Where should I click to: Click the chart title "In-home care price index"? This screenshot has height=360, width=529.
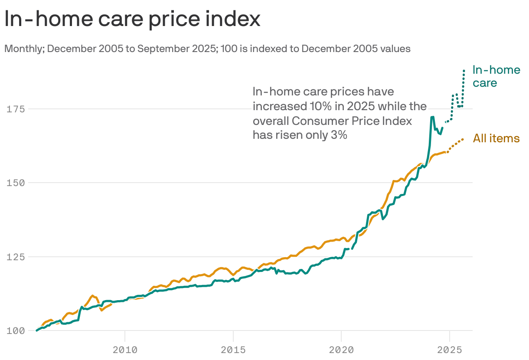[132, 20]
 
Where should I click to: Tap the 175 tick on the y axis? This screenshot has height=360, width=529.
[16, 109]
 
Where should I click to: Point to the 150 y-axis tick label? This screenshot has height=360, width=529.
[16, 183]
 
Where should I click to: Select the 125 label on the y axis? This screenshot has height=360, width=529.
[16, 257]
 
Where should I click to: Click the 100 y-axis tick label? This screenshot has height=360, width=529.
[16, 331]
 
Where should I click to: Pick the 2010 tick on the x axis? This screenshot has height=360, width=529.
[125, 350]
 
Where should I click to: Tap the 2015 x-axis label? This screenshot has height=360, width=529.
[233, 350]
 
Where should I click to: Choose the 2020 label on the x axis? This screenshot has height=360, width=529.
[341, 350]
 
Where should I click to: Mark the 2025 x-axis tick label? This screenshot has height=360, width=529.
[450, 350]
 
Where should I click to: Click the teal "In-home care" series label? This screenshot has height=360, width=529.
[496, 76]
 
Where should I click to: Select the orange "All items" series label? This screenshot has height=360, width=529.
[496, 138]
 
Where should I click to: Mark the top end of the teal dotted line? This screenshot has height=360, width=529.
[464, 70]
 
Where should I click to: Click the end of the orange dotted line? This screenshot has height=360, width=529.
[463, 139]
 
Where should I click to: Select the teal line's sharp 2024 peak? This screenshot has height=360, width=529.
[432, 117]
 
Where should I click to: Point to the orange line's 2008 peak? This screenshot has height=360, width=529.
[92, 295]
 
